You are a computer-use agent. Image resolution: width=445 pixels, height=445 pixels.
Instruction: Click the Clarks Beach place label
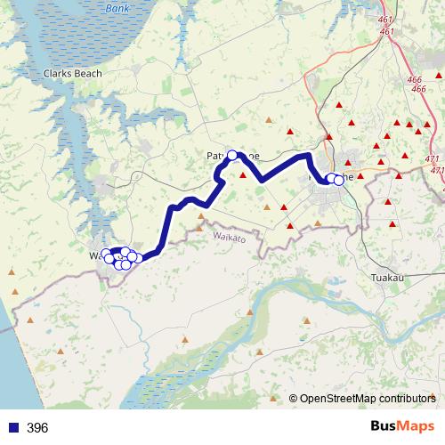tap(73, 74)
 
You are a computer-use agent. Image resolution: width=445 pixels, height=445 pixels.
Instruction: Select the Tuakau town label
tap(387, 279)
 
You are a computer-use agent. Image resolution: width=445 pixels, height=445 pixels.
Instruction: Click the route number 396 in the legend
tap(37, 428)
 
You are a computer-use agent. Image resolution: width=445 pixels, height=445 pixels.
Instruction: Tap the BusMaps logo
tap(401, 427)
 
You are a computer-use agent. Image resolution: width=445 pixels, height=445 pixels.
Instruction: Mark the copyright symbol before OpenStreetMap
tap(293, 399)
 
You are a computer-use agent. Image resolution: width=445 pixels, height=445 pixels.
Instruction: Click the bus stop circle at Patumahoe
tap(233, 156)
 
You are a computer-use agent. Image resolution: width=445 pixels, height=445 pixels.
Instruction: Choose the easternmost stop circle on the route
tap(338, 180)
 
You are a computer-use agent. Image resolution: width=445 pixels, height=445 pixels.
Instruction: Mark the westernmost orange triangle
tap(12, 272)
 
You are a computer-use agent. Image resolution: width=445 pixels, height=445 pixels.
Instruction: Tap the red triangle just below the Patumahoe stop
tap(242, 175)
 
